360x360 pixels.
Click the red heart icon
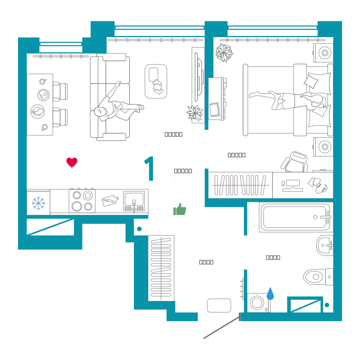point(72,162)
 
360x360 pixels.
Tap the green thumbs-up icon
point(180,210)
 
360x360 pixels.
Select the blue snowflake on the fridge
point(39,203)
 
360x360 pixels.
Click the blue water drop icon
point(270,293)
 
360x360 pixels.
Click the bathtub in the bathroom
point(295,217)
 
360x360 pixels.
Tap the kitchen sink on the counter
point(134,201)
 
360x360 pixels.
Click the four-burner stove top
point(82,201)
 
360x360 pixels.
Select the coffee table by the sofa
point(156,81)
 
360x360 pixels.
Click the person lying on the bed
point(288,99)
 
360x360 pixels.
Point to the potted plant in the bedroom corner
point(224,53)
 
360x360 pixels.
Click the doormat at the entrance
point(219,305)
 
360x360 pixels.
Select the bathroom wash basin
point(325,245)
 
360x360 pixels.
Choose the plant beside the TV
point(195,113)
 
